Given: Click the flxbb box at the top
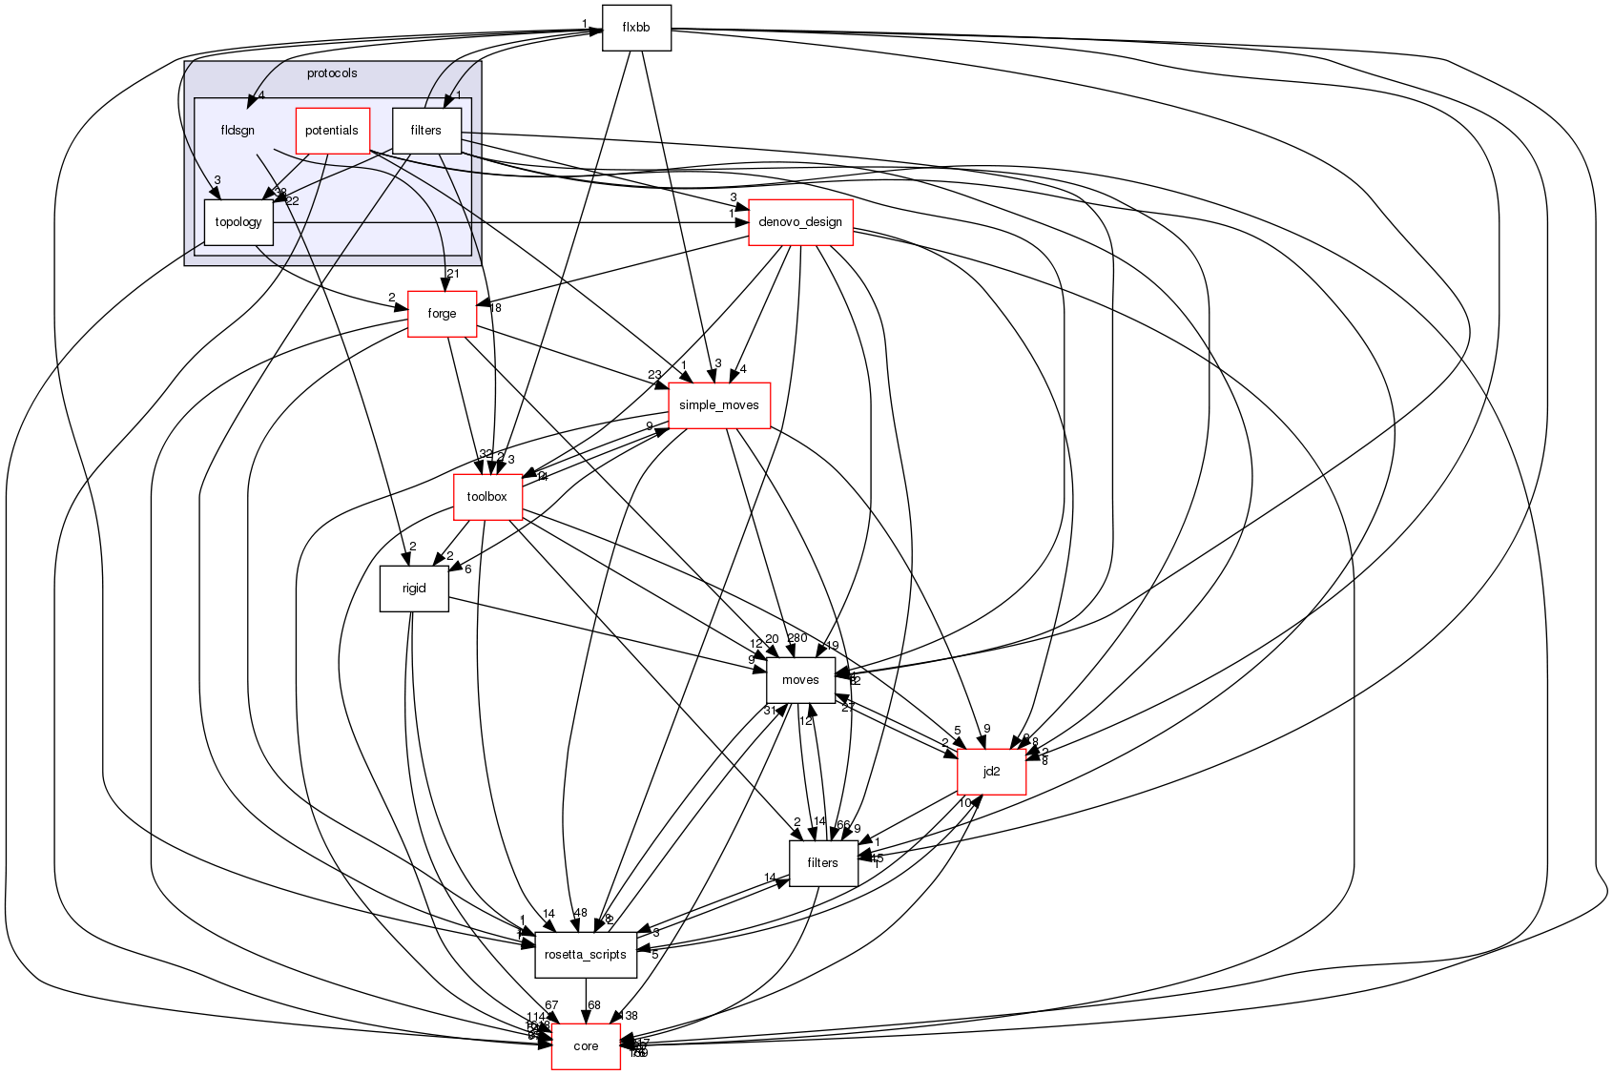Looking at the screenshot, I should [x=636, y=28].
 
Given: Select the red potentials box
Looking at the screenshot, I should [x=332, y=131].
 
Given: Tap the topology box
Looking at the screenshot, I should [x=238, y=222].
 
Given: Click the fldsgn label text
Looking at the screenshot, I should [x=238, y=131].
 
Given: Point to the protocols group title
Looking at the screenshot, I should [x=332, y=73].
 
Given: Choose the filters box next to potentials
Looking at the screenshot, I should [x=426, y=131].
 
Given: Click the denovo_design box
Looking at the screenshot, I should [x=800, y=222].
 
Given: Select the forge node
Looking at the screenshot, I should [x=442, y=314].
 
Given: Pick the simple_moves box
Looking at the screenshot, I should [x=718, y=405].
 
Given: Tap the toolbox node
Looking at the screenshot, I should [x=486, y=497].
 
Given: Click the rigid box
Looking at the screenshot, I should [x=413, y=589].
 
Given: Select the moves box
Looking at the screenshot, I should [x=800, y=680].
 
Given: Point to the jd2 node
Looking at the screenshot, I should [x=991, y=772].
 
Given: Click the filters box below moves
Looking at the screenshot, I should [x=822, y=863].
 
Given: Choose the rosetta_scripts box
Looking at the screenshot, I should [x=585, y=955].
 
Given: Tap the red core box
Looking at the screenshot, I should [x=586, y=1046].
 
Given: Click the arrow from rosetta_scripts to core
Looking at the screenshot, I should [x=586, y=1001].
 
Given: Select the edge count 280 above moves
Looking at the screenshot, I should [x=797, y=639].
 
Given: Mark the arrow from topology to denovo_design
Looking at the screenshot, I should [x=506, y=223].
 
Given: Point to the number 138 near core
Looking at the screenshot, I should [x=627, y=1016].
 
